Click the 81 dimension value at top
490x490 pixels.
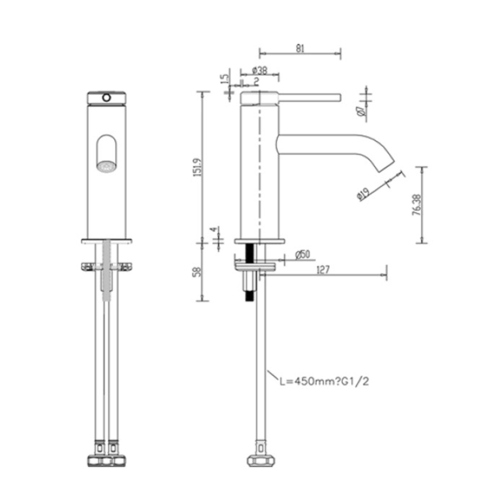pos(300,48)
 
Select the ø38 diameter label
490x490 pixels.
pos(260,70)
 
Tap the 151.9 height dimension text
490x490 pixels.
pos(198,167)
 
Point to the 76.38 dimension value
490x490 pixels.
pos(416,205)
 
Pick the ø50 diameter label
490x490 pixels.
pos(303,254)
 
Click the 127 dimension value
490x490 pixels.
pos(323,270)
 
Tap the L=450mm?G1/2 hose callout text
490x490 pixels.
pos(324,389)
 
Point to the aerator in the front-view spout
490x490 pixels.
pos(107,166)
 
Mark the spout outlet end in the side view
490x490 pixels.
pos(386,166)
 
